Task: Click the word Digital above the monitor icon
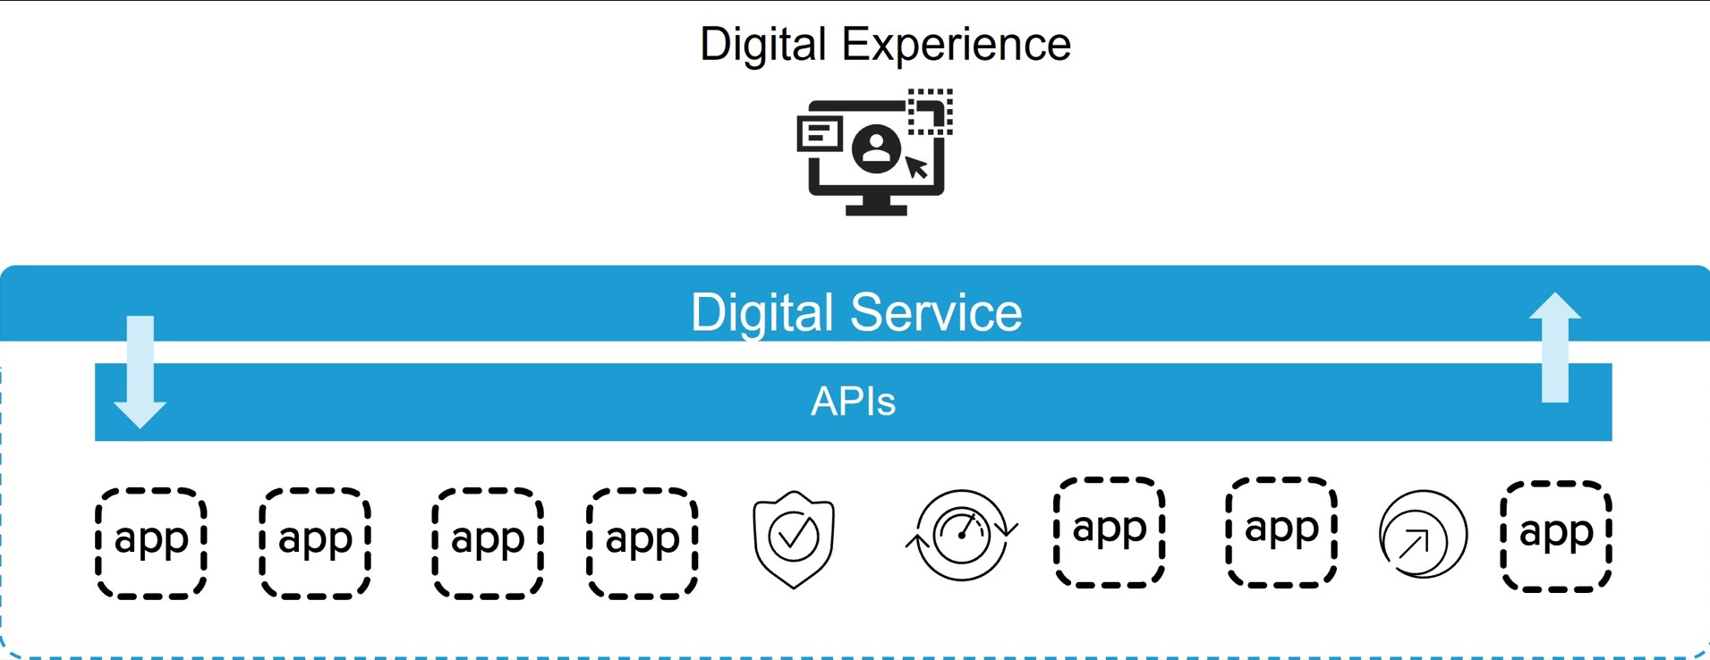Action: tap(762, 45)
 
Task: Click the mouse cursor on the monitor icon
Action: tap(916, 167)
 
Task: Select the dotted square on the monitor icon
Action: tap(931, 112)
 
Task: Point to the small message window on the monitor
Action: tap(820, 134)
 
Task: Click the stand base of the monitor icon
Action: tap(876, 209)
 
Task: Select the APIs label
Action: tap(853, 402)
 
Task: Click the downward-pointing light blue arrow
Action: tap(140, 371)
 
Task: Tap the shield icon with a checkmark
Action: tap(794, 538)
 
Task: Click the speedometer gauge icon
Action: tap(962, 535)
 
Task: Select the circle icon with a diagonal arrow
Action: tap(1423, 536)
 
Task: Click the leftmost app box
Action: tap(151, 543)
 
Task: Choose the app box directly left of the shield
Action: tap(642, 543)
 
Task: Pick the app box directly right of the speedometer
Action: tap(1110, 532)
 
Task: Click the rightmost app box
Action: tap(1556, 536)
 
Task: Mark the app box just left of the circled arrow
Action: tap(1281, 532)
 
